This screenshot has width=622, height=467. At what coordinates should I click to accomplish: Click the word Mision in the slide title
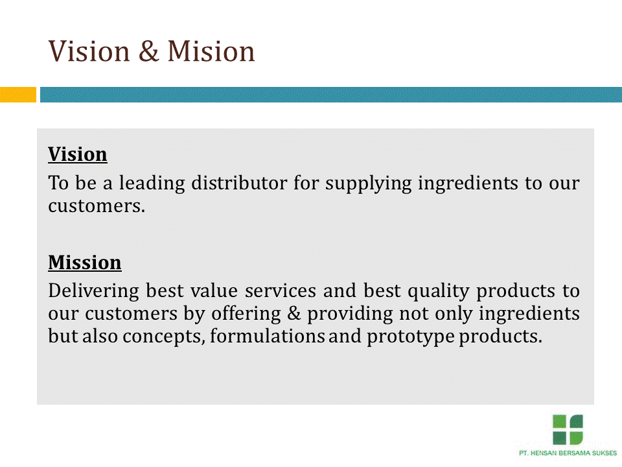tap(211, 51)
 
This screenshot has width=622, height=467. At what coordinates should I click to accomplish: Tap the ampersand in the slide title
tap(149, 51)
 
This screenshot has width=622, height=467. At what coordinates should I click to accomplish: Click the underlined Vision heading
tap(78, 154)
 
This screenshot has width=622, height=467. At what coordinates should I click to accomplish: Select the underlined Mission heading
tap(84, 263)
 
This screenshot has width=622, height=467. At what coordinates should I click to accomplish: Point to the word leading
tap(152, 184)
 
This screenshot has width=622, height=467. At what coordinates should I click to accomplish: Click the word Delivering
tap(93, 291)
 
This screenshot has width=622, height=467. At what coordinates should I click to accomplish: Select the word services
tap(281, 291)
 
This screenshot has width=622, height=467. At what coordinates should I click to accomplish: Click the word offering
tap(246, 314)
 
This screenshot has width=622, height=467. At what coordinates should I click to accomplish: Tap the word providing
tap(351, 314)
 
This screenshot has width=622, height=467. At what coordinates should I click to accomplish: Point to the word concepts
tap(164, 337)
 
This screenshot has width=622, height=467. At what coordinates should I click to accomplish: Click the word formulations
tap(268, 336)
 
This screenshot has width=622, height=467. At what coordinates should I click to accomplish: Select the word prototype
tap(411, 337)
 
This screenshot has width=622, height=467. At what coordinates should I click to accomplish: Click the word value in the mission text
tap(214, 291)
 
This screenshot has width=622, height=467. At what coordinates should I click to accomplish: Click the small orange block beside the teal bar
tap(18, 95)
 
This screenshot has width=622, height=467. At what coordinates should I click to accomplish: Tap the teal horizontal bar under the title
tap(331, 95)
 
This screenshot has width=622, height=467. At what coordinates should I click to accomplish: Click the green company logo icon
tap(568, 429)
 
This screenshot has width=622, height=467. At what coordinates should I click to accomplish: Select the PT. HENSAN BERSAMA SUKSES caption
tap(568, 453)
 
